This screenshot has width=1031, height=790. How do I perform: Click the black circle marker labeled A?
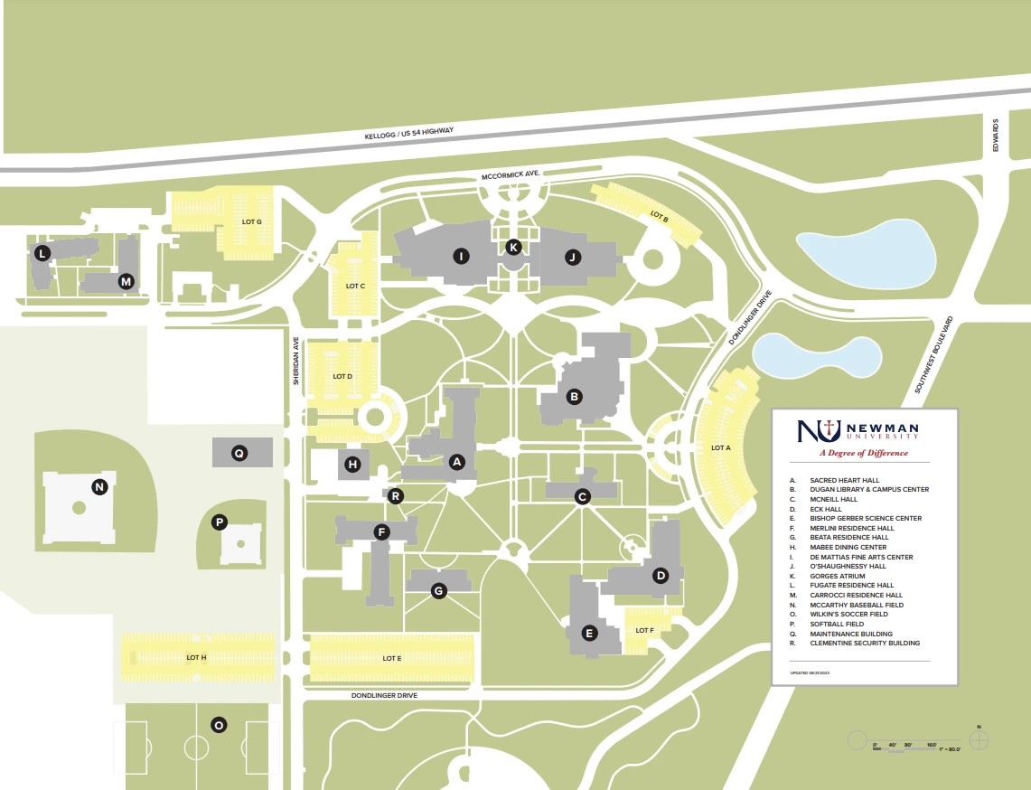point(456,462)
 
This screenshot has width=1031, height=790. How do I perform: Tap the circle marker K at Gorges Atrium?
point(513,247)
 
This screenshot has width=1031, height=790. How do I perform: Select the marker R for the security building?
point(394,495)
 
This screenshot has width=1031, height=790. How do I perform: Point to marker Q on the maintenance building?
point(239,453)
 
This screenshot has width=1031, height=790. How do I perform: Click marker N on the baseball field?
point(99,487)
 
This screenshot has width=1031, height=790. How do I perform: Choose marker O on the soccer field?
point(218,724)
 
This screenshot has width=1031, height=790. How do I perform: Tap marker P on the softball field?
point(219,522)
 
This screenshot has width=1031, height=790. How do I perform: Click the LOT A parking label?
point(720,447)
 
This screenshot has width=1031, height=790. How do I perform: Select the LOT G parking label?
point(251,221)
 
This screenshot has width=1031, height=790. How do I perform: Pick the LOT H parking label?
point(197,657)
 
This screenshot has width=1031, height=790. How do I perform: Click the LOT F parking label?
point(644,630)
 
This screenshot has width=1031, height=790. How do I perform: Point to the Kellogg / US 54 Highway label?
point(408,133)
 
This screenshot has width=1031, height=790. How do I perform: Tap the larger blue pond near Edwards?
point(865,254)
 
